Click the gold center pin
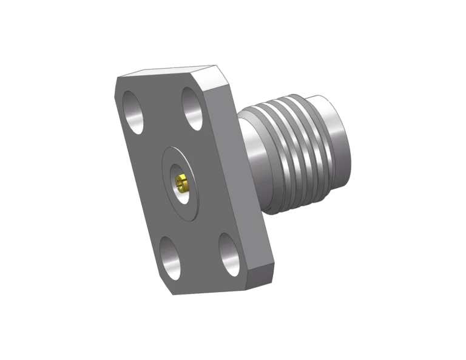coord(181,180)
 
